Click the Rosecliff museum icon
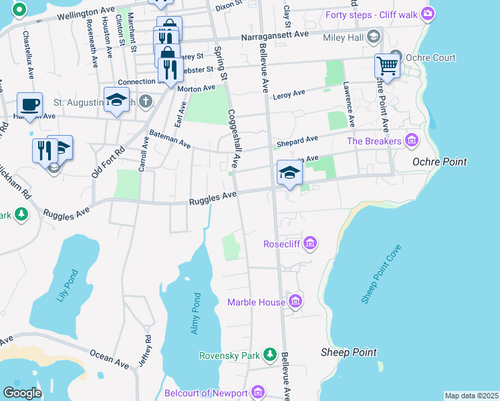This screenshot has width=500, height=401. point(309,243)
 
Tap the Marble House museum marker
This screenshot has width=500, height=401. point(295,302)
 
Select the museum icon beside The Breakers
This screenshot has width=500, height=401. point(411,140)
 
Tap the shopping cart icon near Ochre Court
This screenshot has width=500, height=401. point(386,66)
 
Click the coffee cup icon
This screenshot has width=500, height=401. point(29,104)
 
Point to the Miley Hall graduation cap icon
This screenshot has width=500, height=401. point(374,37)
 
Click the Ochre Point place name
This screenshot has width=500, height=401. point(439,162)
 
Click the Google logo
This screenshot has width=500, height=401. point(22,392)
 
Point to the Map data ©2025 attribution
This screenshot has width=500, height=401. point(471,396)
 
